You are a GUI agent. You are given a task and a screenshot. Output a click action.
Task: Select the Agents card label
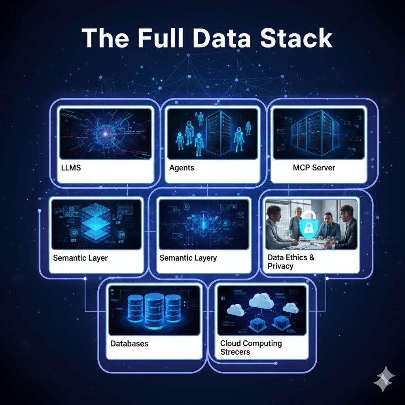(x=182, y=168)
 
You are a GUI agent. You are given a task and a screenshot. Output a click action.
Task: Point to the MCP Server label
(x=314, y=168)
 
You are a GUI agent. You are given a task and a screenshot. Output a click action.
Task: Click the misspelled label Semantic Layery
(x=188, y=258)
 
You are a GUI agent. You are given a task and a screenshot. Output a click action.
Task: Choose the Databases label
(x=129, y=343)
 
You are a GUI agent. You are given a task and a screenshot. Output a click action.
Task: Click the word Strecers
(x=235, y=352)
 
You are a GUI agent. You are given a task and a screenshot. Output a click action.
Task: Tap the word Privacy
(x=280, y=266)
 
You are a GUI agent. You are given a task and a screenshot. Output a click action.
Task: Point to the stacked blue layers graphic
(x=95, y=223)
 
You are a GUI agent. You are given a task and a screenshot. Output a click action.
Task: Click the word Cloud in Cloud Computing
(x=230, y=343)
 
